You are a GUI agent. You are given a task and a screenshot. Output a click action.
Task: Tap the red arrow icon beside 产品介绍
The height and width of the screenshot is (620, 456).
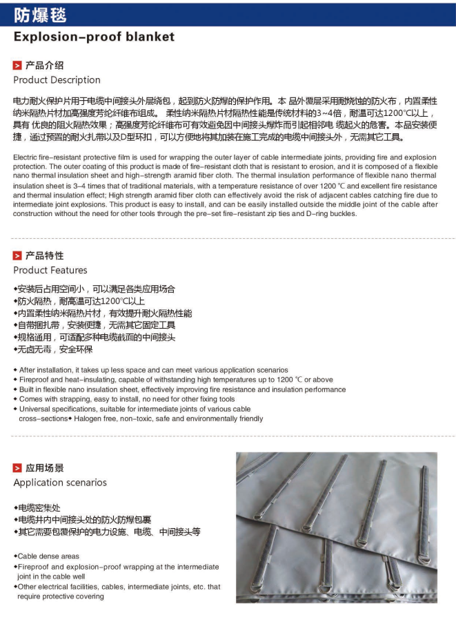(17, 66)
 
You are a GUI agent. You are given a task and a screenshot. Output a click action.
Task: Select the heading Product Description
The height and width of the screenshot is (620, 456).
(57, 80)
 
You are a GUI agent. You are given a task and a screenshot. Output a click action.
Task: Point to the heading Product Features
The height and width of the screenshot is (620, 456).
(50, 270)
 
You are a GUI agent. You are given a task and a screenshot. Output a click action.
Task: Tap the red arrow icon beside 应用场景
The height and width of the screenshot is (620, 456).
(17, 468)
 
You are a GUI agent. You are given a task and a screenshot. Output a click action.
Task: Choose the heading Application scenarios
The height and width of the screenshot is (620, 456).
(60, 482)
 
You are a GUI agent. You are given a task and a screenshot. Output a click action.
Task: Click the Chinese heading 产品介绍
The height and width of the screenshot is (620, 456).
(44, 66)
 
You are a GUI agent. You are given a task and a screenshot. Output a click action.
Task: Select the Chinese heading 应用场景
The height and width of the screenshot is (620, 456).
(44, 468)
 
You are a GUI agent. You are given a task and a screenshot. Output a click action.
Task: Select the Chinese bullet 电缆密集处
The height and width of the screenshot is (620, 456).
(42, 507)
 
